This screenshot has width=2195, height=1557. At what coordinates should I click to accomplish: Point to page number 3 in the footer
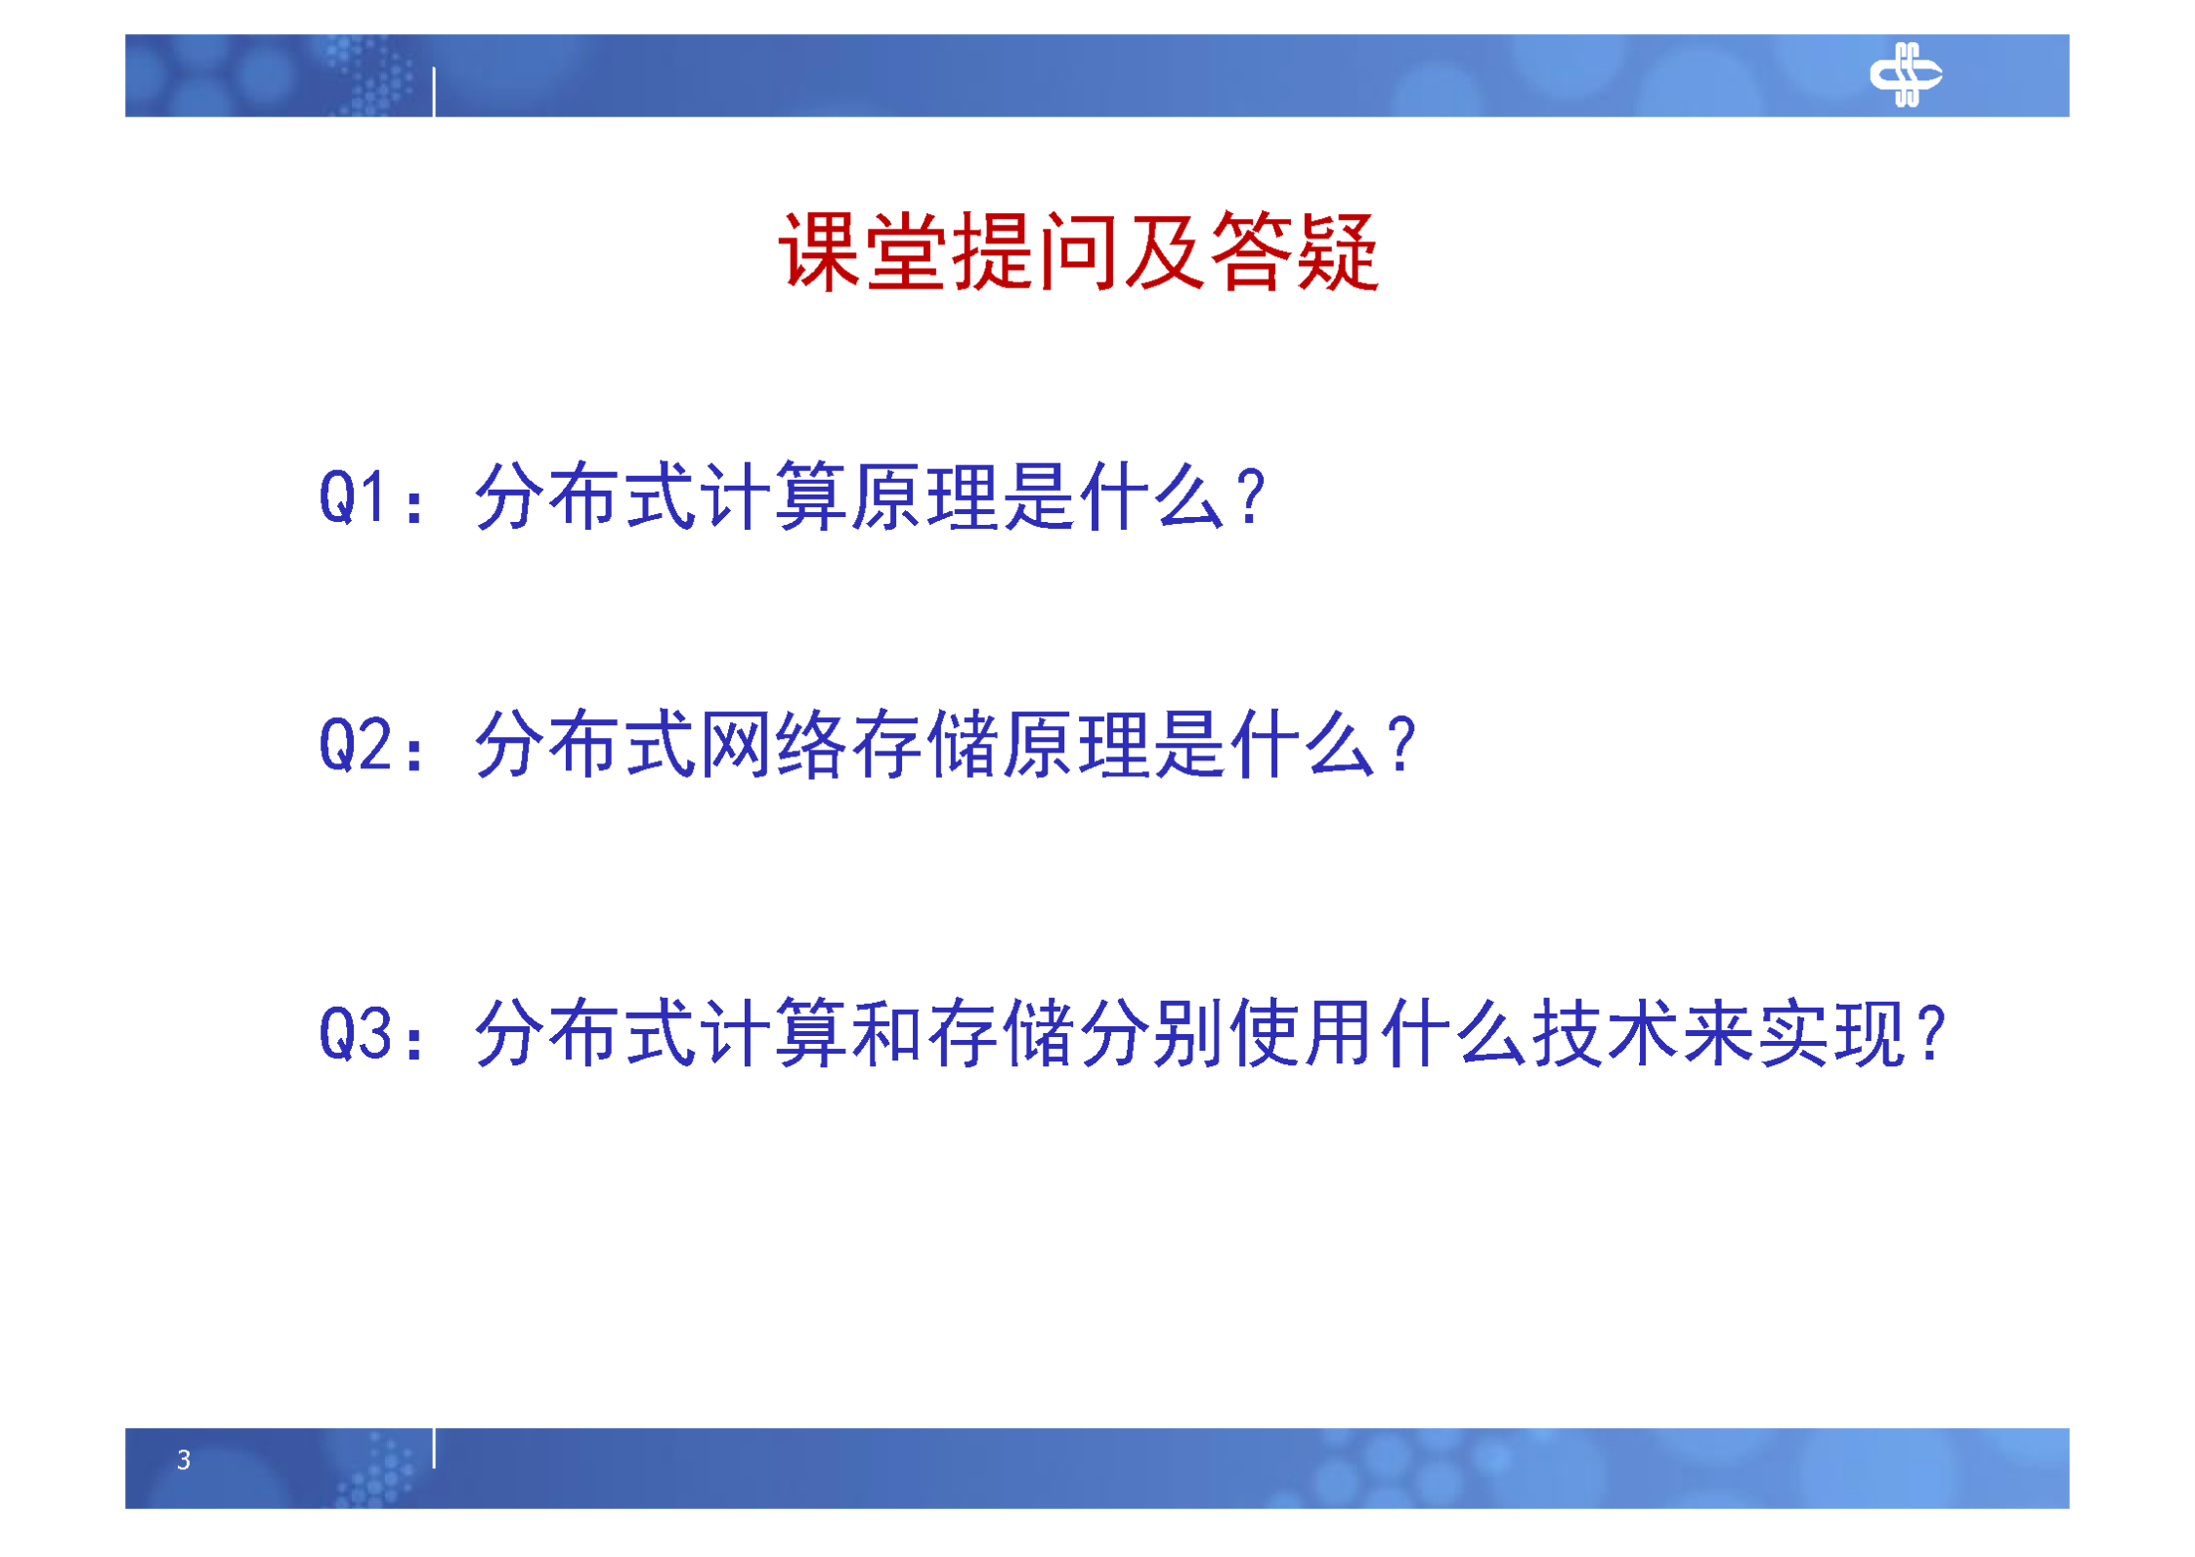click(x=184, y=1459)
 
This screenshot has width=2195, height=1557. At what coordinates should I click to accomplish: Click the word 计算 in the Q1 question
click(x=774, y=497)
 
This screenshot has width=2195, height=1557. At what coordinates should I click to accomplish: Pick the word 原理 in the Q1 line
click(x=925, y=497)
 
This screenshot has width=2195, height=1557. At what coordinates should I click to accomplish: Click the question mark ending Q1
click(x=1250, y=497)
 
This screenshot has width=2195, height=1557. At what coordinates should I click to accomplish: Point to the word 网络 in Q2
click(x=774, y=745)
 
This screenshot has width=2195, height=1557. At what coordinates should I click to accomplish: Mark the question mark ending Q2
click(x=1401, y=745)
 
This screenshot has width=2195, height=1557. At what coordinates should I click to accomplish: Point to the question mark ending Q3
click(x=1931, y=1034)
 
